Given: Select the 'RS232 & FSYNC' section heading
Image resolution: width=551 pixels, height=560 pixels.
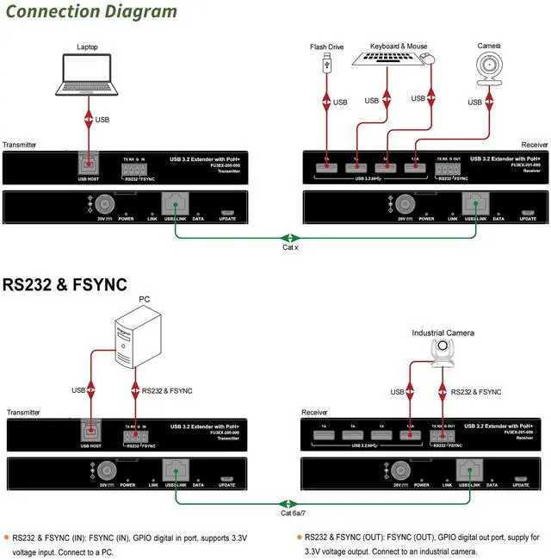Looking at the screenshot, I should point(65,283).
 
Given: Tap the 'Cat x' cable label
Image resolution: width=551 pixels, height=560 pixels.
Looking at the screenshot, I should point(290,247).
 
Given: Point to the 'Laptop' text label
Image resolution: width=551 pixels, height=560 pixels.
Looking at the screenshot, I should point(88,47).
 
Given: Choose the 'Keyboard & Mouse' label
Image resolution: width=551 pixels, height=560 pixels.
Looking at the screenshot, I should point(398,46).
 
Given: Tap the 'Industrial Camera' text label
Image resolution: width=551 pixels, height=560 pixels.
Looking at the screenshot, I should point(445,333).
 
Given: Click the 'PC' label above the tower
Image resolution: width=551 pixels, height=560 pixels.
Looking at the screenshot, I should point(145,299).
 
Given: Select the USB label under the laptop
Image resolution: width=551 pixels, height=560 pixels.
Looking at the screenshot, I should point(102,120).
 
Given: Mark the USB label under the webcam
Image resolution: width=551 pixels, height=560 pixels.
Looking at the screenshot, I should point(474,103).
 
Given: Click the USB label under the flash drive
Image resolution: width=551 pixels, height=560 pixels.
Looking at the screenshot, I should point(340,103).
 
